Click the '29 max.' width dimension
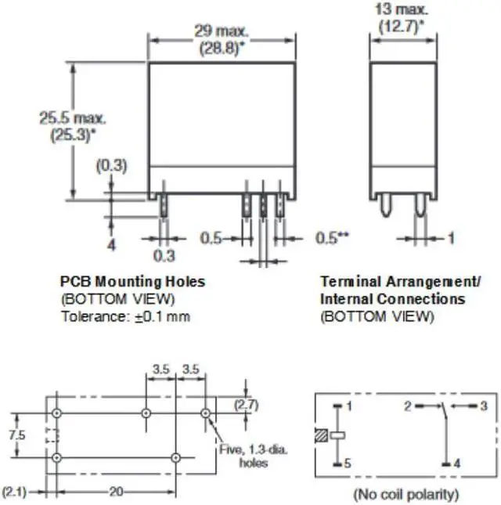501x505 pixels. [222, 32]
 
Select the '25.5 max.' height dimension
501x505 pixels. [74, 118]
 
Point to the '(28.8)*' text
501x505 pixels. [222, 47]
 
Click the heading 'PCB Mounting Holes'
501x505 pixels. [132, 281]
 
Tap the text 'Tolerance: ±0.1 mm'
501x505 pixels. [125, 317]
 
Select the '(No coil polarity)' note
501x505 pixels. [405, 494]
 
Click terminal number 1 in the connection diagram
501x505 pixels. [349, 406]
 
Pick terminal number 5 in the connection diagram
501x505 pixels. [349, 464]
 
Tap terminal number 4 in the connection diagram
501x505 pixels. [457, 464]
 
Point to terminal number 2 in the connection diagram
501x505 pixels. [407, 406]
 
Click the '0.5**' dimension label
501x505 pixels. [333, 237]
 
